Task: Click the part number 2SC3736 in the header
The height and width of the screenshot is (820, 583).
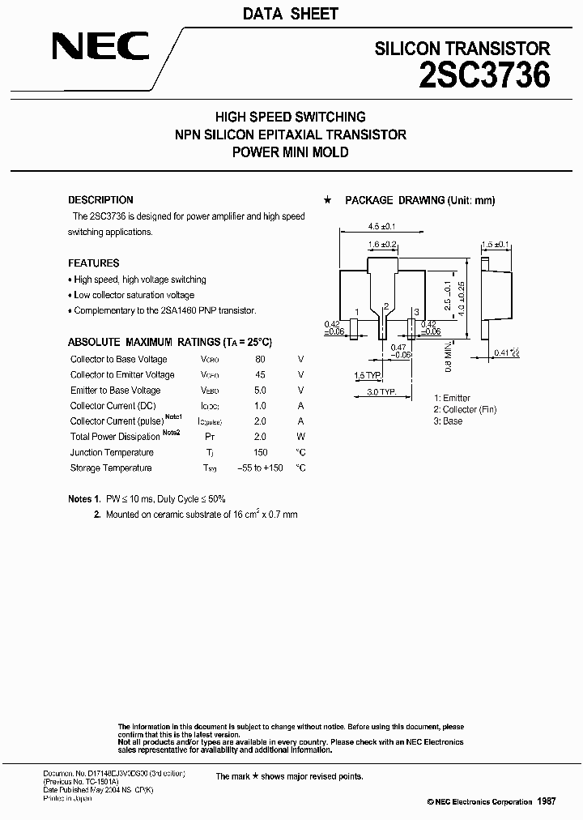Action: (x=485, y=75)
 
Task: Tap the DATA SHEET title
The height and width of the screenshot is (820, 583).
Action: (x=291, y=14)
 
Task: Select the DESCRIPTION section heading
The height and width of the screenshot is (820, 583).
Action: (x=100, y=200)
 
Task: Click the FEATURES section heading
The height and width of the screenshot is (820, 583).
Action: (x=93, y=263)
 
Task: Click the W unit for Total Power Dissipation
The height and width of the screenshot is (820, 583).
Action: (x=300, y=438)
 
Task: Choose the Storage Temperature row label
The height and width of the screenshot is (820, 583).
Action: (x=111, y=468)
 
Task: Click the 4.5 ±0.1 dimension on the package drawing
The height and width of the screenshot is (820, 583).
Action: (x=381, y=226)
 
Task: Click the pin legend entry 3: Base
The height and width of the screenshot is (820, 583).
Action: (x=448, y=421)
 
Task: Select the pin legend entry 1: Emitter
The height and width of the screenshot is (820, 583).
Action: (x=452, y=399)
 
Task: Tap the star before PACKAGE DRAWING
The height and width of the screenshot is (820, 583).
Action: (x=327, y=200)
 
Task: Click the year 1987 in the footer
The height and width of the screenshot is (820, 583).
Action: (x=546, y=801)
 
